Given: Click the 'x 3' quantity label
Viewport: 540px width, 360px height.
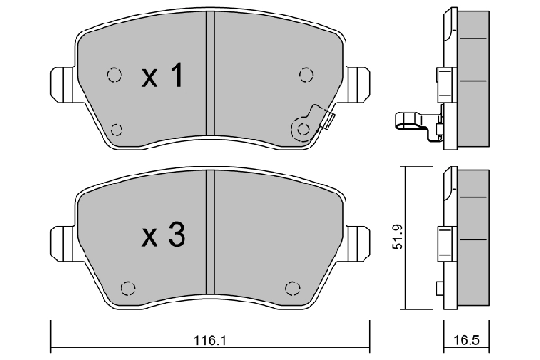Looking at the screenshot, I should point(163,236).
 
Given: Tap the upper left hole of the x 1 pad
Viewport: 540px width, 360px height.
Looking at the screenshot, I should point(113,75).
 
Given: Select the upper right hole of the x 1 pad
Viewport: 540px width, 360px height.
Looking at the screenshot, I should point(304,75).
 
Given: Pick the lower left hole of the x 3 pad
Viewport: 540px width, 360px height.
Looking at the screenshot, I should point(127,288).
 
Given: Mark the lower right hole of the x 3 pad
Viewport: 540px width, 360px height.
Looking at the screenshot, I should point(291,288).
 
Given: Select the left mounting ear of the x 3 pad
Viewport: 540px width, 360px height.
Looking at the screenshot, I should point(60,243).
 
